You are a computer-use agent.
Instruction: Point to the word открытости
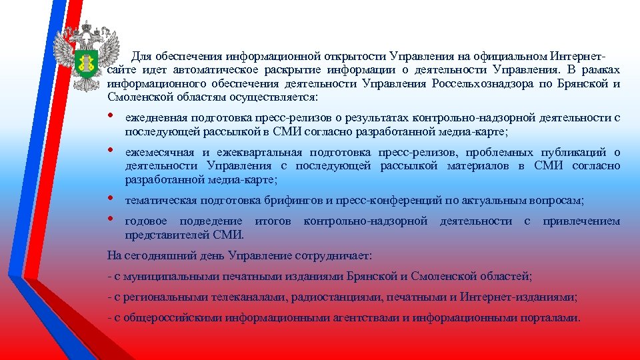click(359, 55)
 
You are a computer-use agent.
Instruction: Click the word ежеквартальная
click(261, 153)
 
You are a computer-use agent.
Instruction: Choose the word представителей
click(167, 235)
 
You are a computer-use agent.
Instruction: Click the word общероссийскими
click(168, 318)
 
